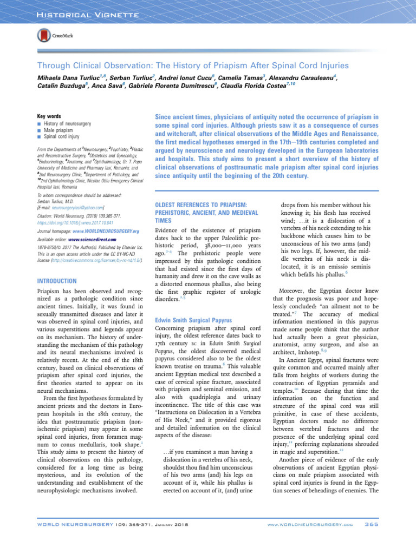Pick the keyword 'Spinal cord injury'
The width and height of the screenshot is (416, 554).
61,140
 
